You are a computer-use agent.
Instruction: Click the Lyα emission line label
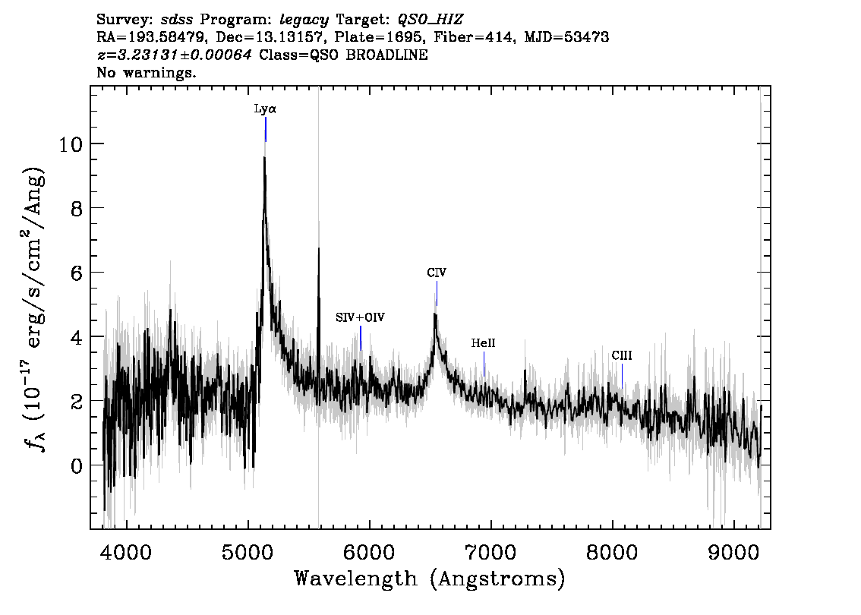tap(265, 109)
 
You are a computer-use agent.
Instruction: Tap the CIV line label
tap(437, 273)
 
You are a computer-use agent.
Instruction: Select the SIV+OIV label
tap(360, 317)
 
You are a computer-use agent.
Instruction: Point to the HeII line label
tap(483, 343)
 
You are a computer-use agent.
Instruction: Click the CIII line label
tap(622, 356)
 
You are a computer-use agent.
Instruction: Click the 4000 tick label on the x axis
tap(126, 552)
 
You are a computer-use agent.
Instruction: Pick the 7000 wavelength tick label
tap(490, 552)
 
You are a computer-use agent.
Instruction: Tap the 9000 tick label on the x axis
tap(733, 552)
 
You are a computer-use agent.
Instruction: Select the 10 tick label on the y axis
tap(71, 143)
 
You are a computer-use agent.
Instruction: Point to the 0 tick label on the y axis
tap(77, 465)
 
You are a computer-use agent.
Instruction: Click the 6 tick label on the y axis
tap(77, 273)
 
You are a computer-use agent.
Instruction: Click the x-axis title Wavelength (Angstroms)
tap(430, 579)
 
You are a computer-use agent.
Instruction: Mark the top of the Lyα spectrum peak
tap(264, 158)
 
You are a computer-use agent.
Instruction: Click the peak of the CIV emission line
tap(435, 314)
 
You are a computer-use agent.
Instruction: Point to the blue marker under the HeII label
tap(484, 364)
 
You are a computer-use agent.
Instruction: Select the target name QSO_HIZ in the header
tap(430, 20)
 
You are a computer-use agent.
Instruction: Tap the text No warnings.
tap(146, 72)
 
